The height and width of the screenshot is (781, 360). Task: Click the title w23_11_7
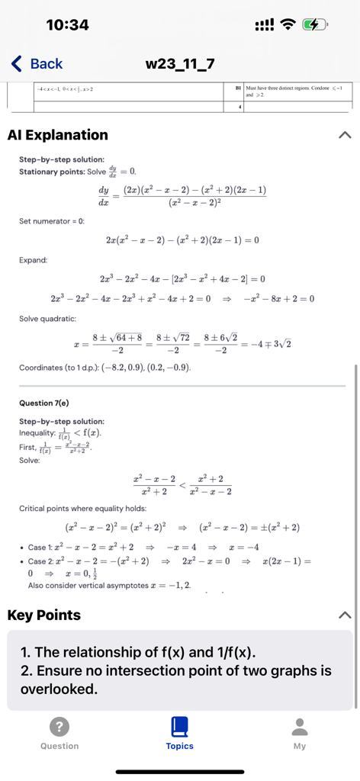point(180,64)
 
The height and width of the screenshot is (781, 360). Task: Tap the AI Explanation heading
point(58,135)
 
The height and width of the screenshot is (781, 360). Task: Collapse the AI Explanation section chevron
point(345,135)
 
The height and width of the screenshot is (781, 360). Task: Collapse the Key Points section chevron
point(345,615)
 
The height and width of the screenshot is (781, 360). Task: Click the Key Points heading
point(43,615)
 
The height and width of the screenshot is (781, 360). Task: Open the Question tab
point(59,732)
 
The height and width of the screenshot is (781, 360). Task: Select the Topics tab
point(180,732)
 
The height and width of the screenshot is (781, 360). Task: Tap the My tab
point(300,732)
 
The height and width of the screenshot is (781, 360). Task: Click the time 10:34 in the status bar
point(67,25)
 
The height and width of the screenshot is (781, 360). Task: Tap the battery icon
point(313,25)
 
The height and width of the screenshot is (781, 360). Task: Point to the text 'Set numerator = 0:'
point(52,221)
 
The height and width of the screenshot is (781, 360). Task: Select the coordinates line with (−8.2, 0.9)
point(104,368)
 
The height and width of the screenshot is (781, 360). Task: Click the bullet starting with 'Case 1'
point(137,547)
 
